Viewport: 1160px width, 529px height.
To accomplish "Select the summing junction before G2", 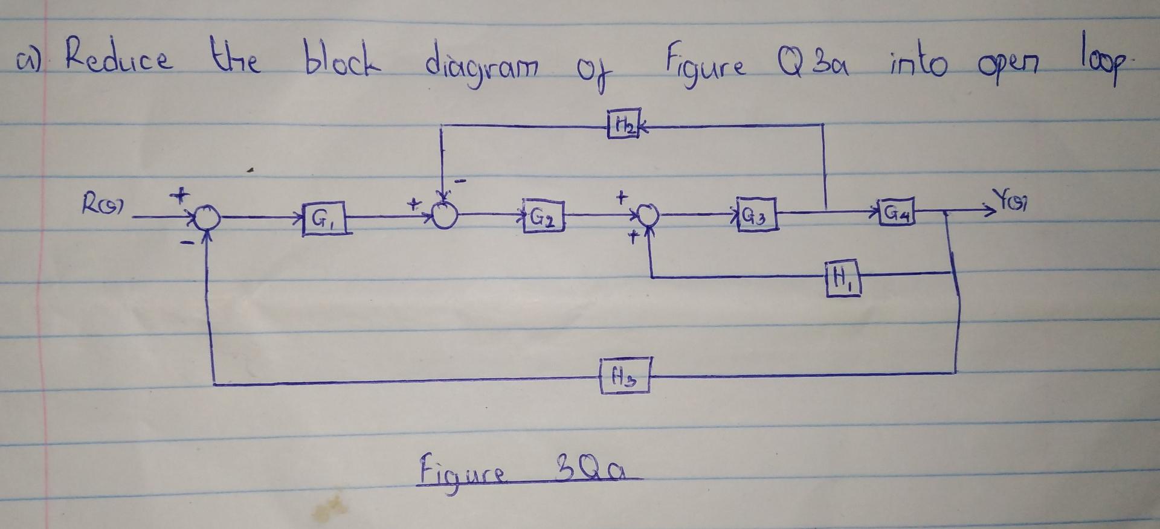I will click(x=446, y=215).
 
